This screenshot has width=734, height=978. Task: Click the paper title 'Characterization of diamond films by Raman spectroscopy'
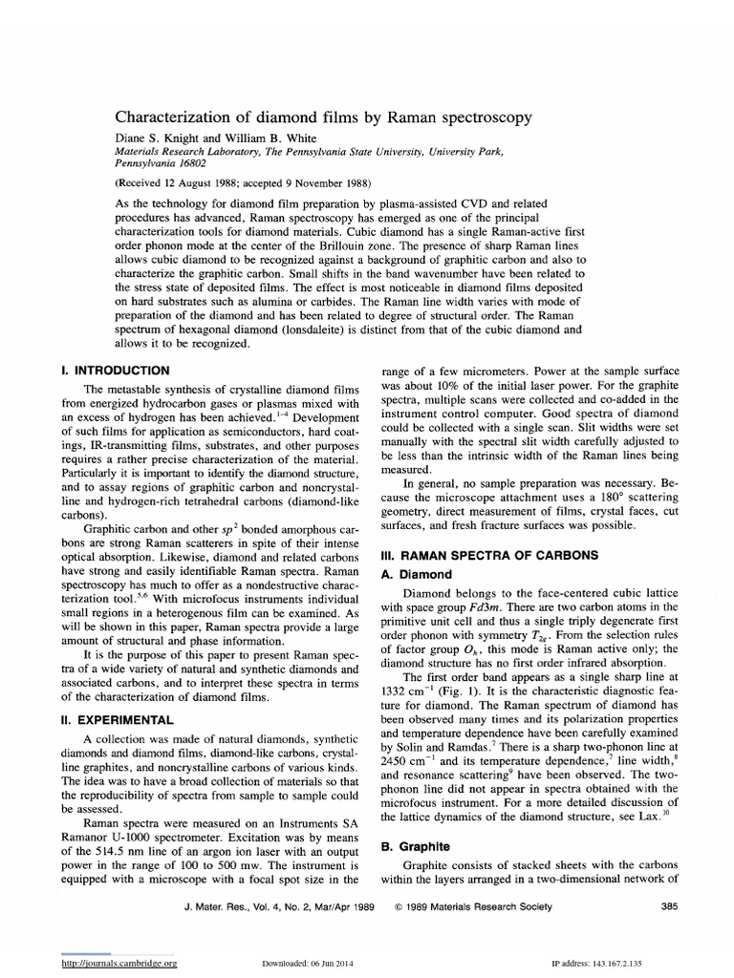tap(323, 117)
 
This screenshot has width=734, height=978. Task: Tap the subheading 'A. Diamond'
tap(418, 574)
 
